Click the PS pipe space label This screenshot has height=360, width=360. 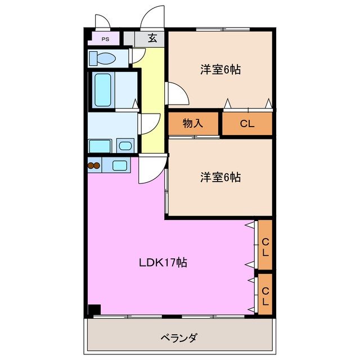tap(105, 39)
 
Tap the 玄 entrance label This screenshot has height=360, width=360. tap(152, 38)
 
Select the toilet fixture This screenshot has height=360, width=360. tap(103, 58)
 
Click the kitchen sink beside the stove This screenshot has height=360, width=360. tap(120, 165)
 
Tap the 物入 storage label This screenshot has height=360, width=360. tap(193, 124)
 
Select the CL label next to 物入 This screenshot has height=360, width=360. tap(247, 124)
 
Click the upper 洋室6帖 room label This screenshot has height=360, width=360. tap(220, 70)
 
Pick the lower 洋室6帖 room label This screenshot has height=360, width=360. tap(220, 177)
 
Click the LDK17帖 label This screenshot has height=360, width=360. tap(163, 262)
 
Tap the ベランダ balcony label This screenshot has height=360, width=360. tap(179, 337)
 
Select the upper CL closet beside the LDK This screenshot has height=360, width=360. tap(265, 246)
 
